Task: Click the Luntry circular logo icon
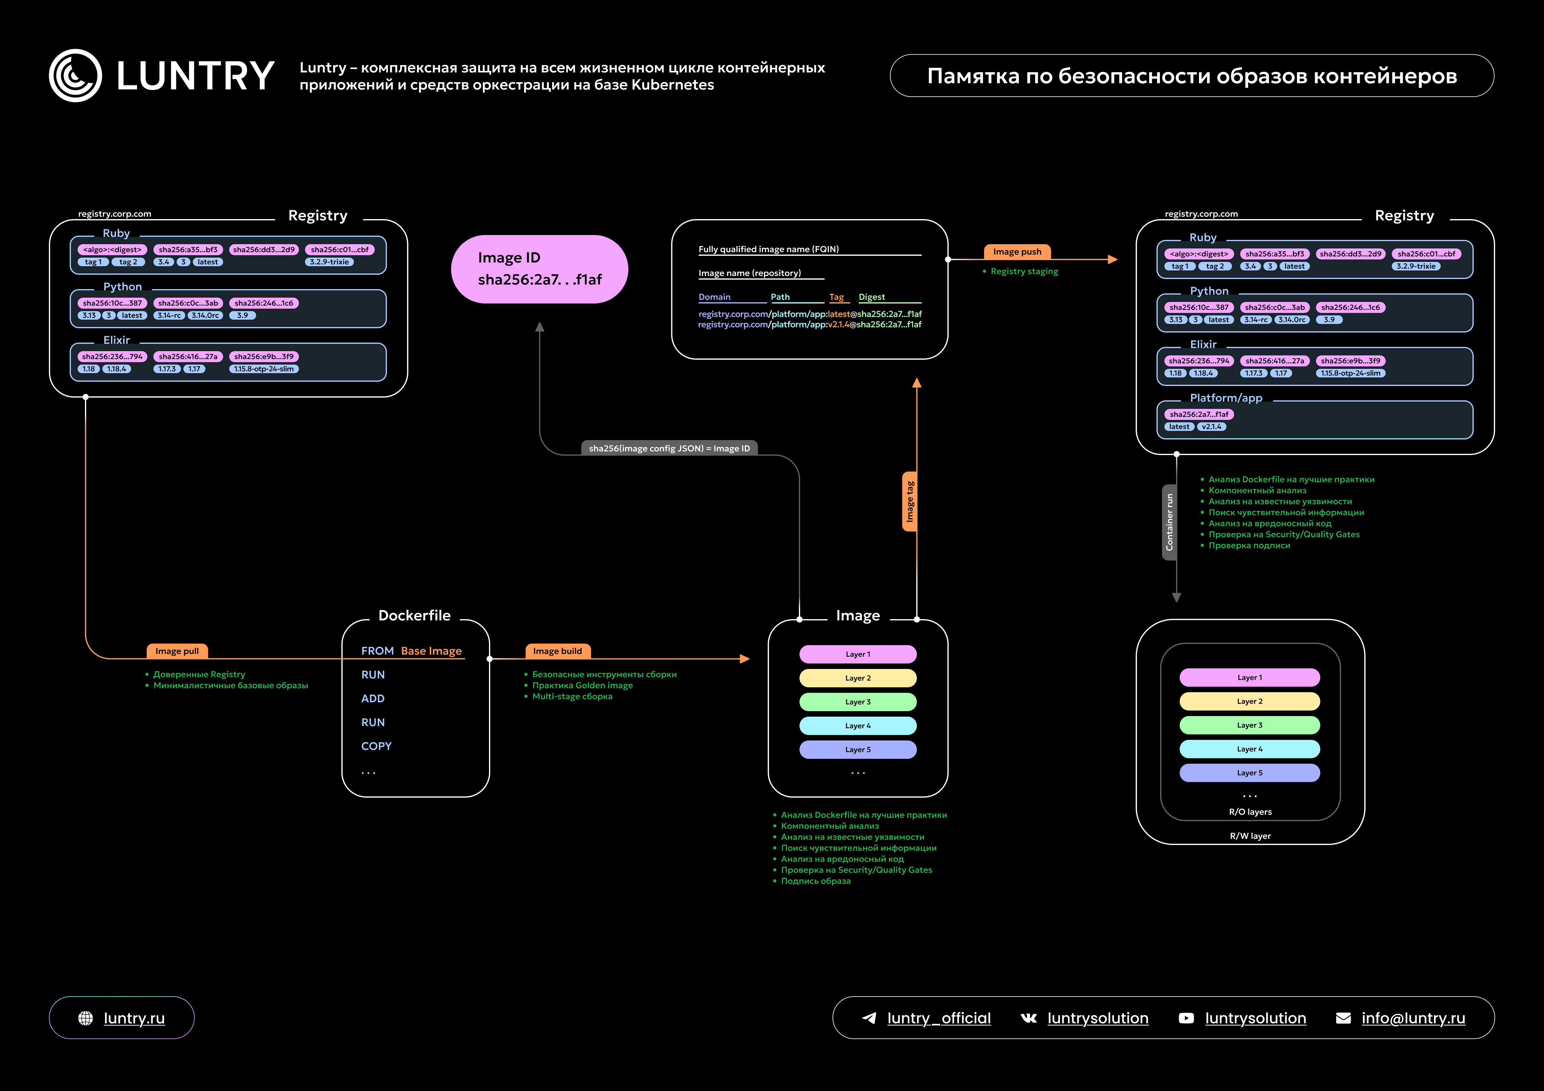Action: (x=75, y=75)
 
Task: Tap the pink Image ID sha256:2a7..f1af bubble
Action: (x=539, y=269)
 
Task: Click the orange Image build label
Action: (x=557, y=651)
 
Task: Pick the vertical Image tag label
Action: (x=910, y=501)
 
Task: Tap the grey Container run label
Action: (x=1169, y=522)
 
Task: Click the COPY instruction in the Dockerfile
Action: (x=376, y=746)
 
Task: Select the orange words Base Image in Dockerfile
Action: (x=431, y=651)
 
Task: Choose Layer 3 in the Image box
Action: (x=857, y=702)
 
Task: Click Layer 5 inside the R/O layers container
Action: (x=1249, y=773)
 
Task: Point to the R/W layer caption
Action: (x=1250, y=836)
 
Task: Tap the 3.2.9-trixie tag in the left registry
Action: (x=329, y=262)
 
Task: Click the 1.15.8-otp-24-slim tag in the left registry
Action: (x=264, y=369)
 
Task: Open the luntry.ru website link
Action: (x=134, y=1018)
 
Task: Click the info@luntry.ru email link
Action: (x=1413, y=1018)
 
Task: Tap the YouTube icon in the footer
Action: (x=1186, y=1018)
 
